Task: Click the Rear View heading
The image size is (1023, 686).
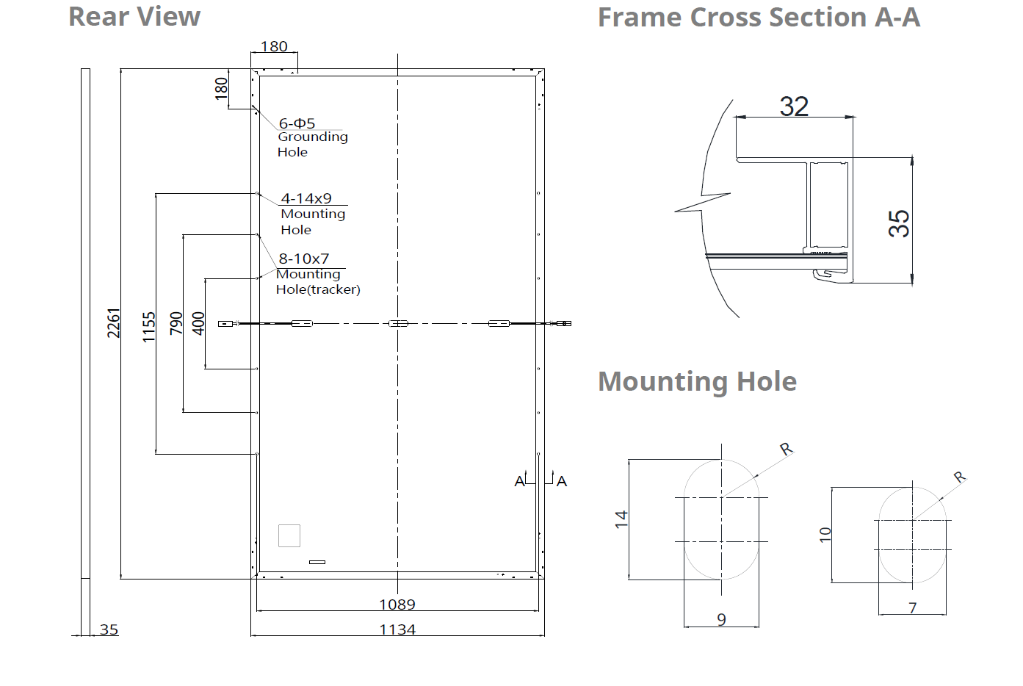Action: (134, 18)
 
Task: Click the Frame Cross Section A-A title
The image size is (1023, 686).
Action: (759, 18)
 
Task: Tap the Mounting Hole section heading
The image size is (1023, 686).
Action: (698, 381)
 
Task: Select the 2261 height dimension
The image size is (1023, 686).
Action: (113, 323)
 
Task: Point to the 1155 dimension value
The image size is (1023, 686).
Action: (149, 327)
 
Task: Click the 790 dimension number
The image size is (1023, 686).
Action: (176, 323)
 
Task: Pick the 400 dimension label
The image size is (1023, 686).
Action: (198, 323)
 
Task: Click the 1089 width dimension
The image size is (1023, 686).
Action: (397, 604)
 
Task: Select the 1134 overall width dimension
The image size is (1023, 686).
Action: (398, 629)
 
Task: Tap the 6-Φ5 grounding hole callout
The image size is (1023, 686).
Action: (297, 123)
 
